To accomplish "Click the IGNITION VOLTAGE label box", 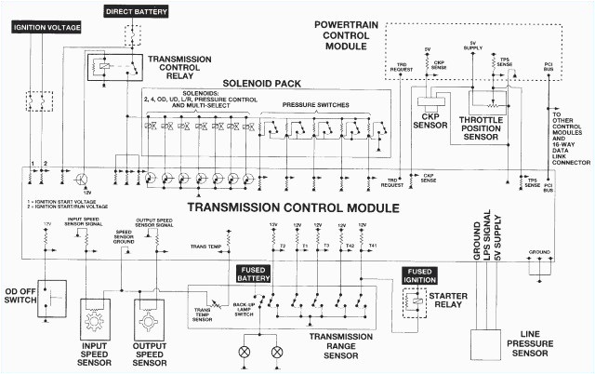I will click(47, 27).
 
